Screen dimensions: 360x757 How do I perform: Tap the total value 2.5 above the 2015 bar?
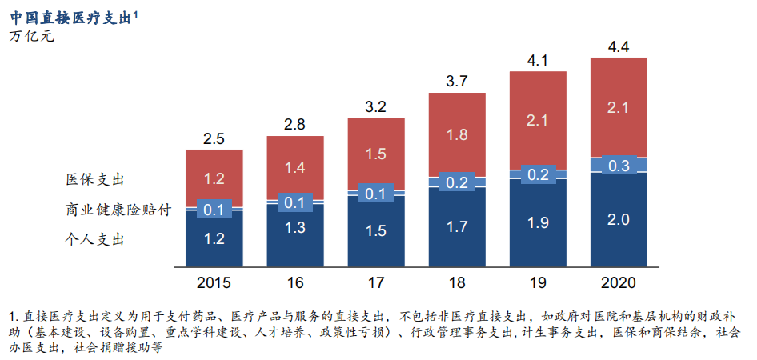[214, 138]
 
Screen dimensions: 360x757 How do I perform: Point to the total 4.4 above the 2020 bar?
[619, 46]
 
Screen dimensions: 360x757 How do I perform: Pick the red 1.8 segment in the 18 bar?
[457, 134]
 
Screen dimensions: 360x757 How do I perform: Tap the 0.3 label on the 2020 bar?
[619, 166]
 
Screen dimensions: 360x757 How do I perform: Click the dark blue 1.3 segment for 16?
[294, 228]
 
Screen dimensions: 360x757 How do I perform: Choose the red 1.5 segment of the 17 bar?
[376, 154]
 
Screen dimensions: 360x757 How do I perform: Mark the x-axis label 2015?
[214, 282]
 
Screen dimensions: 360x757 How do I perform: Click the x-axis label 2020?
[619, 282]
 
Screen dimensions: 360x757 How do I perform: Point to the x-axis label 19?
[538, 282]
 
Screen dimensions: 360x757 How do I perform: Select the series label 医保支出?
[96, 179]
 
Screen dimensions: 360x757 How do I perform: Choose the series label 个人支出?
[96, 238]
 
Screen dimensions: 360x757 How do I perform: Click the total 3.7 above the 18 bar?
[457, 81]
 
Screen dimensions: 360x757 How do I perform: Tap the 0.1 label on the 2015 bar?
[214, 210]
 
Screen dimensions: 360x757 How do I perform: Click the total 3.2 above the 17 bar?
[376, 106]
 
